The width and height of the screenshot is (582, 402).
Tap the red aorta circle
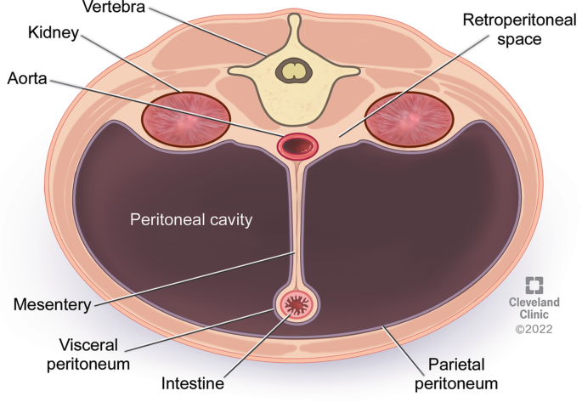(x=297, y=145)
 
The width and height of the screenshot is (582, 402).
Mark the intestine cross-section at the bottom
(x=297, y=303)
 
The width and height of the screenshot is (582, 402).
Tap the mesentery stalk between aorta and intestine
(x=296, y=221)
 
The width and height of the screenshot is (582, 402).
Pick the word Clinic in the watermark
(x=534, y=314)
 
